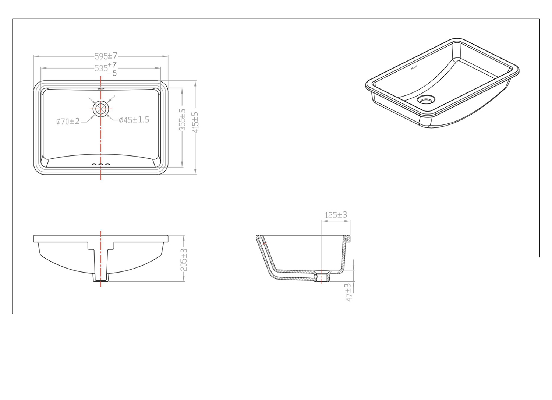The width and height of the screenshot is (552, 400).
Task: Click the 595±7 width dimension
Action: [106, 56]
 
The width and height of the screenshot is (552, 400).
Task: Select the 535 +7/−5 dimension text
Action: [106, 69]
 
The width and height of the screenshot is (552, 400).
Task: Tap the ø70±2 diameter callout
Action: [68, 121]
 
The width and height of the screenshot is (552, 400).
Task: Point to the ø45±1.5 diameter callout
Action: [134, 120]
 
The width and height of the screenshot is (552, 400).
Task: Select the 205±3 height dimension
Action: [184, 260]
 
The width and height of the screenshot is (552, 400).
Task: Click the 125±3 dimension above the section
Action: [336, 215]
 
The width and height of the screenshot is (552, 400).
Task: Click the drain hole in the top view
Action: [101, 109]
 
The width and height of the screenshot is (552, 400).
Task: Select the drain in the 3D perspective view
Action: [426, 99]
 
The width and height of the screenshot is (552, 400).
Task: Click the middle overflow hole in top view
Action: [101, 164]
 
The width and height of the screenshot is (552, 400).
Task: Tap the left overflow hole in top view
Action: [94, 164]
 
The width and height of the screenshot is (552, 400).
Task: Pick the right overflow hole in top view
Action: [108, 164]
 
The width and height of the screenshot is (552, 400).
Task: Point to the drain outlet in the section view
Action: [322, 277]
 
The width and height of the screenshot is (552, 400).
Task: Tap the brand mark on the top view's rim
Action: [101, 89]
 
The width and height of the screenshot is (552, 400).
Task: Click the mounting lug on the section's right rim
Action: [347, 239]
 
